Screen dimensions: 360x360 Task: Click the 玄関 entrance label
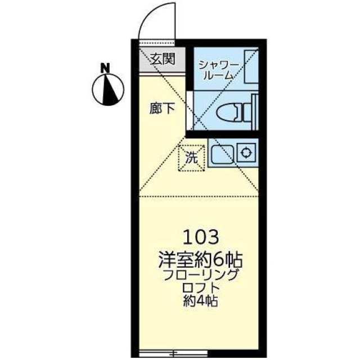pyautogui.click(x=163, y=58)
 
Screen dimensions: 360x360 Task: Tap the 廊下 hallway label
pyautogui.click(x=163, y=108)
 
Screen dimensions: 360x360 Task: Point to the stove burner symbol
pyautogui.click(x=246, y=152)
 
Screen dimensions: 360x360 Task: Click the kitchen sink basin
pyautogui.click(x=222, y=153)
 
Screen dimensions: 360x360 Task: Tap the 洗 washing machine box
pyautogui.click(x=191, y=158)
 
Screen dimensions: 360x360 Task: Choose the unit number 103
pyautogui.click(x=200, y=237)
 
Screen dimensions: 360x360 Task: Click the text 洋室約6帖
pyautogui.click(x=200, y=260)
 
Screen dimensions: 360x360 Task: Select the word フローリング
pyautogui.click(x=200, y=275)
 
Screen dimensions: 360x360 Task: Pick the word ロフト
pyautogui.click(x=200, y=288)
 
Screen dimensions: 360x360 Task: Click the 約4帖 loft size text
pyautogui.click(x=200, y=301)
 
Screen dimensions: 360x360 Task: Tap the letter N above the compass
pyautogui.click(x=106, y=68)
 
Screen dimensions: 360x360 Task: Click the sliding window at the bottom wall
pyautogui.click(x=174, y=353)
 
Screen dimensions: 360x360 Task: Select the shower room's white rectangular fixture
pyautogui.click(x=251, y=66)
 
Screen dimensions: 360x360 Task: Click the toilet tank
pyautogui.click(x=248, y=112)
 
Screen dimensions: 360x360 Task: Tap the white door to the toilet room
pyautogui.click(x=190, y=111)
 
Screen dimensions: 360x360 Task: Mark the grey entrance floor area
pyautogui.click(x=163, y=60)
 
